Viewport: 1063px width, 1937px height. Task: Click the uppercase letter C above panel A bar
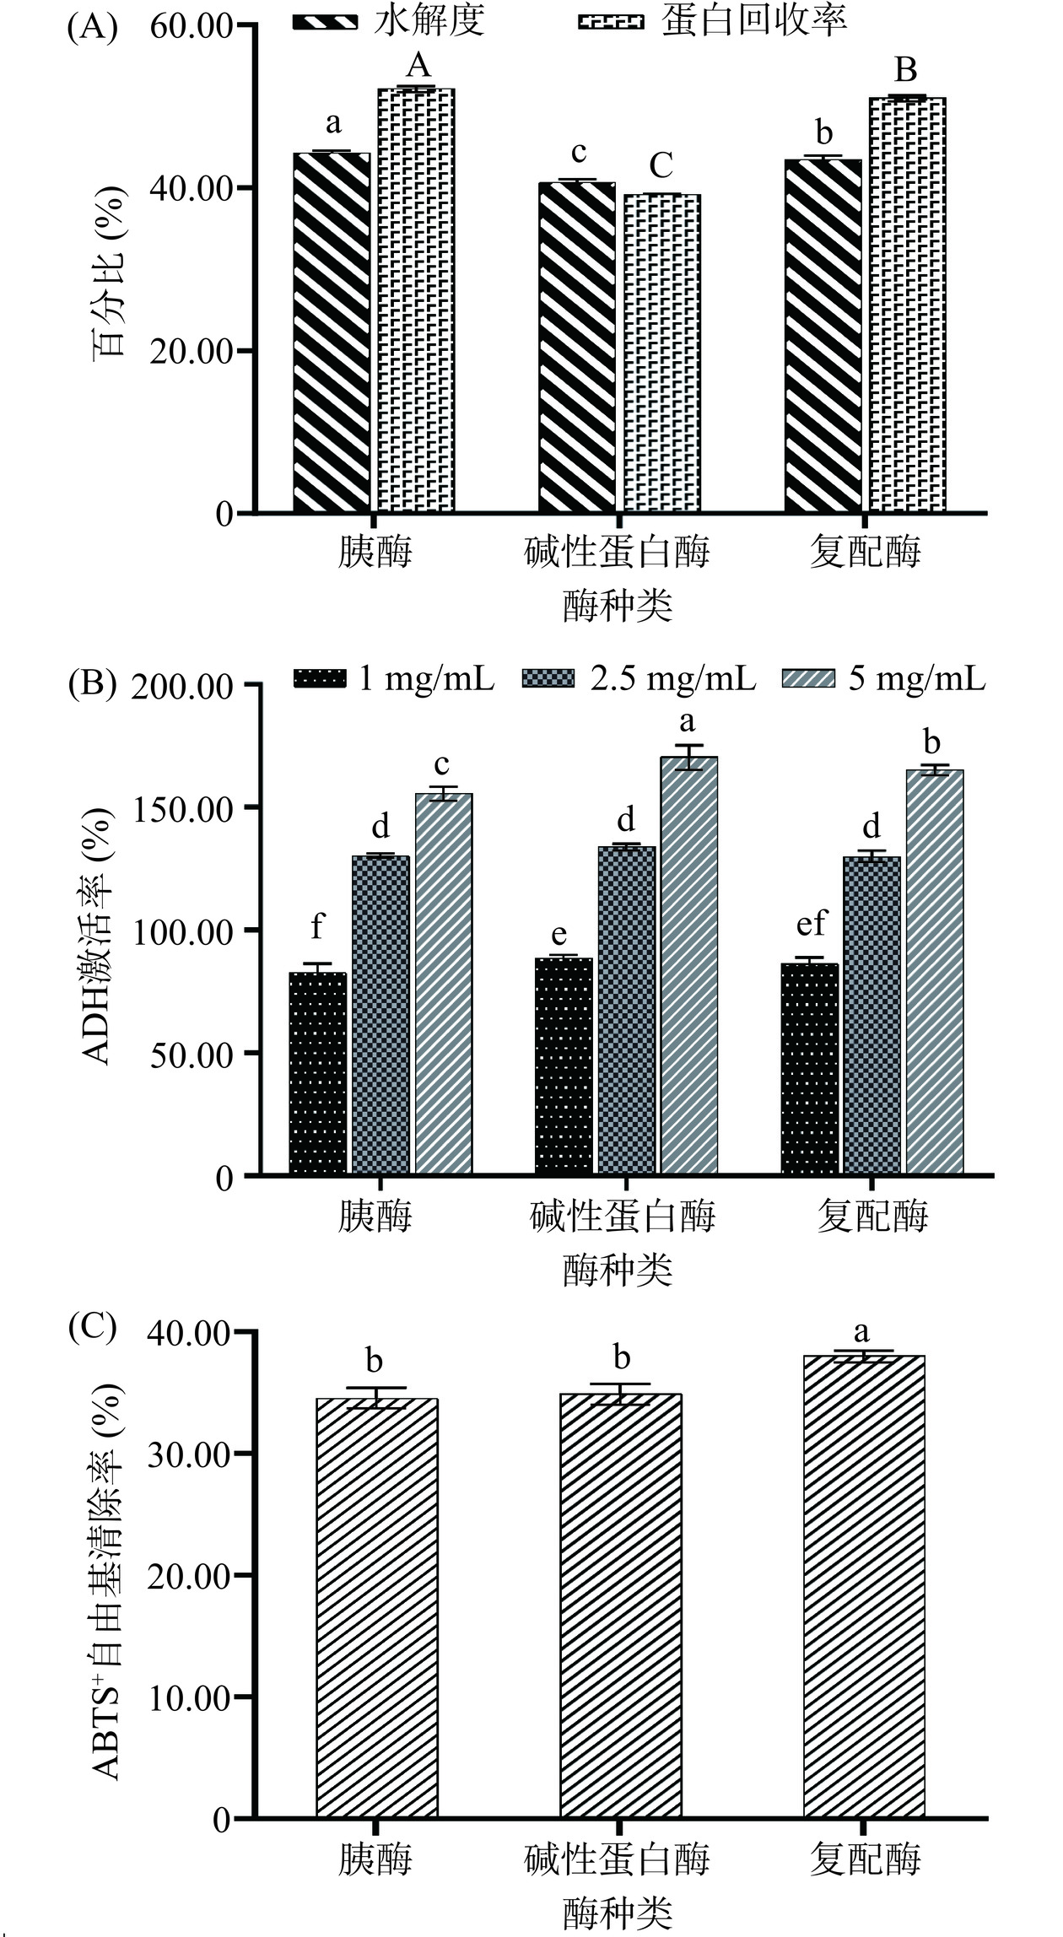(661, 166)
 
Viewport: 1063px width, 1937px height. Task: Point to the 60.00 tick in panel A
(191, 26)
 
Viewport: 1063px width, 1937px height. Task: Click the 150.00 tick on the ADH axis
(182, 808)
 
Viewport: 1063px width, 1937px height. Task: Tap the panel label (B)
(92, 683)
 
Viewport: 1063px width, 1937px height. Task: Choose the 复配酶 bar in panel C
(864, 1586)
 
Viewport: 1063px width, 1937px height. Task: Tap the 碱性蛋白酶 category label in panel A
(617, 553)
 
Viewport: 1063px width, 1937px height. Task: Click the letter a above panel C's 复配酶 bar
(861, 1333)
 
